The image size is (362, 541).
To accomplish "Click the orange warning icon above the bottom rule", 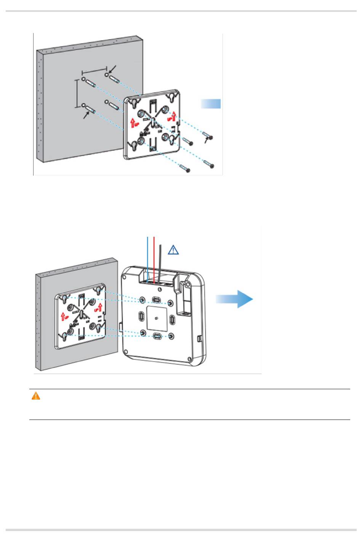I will click(35, 396).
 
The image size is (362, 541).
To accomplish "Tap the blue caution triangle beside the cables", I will click(173, 250).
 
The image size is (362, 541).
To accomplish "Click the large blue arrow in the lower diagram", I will click(235, 299).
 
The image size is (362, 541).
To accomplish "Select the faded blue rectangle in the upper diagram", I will click(211, 104).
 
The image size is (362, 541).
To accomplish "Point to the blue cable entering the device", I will click(147, 259).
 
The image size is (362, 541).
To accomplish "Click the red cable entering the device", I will click(154, 259).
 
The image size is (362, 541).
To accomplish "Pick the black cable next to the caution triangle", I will click(160, 263).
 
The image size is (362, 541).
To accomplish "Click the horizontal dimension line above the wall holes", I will click(94, 71).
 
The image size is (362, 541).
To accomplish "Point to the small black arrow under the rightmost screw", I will click(207, 141).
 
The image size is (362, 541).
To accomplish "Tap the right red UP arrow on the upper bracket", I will click(174, 114).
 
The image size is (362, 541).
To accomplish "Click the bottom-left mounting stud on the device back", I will click(143, 333).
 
